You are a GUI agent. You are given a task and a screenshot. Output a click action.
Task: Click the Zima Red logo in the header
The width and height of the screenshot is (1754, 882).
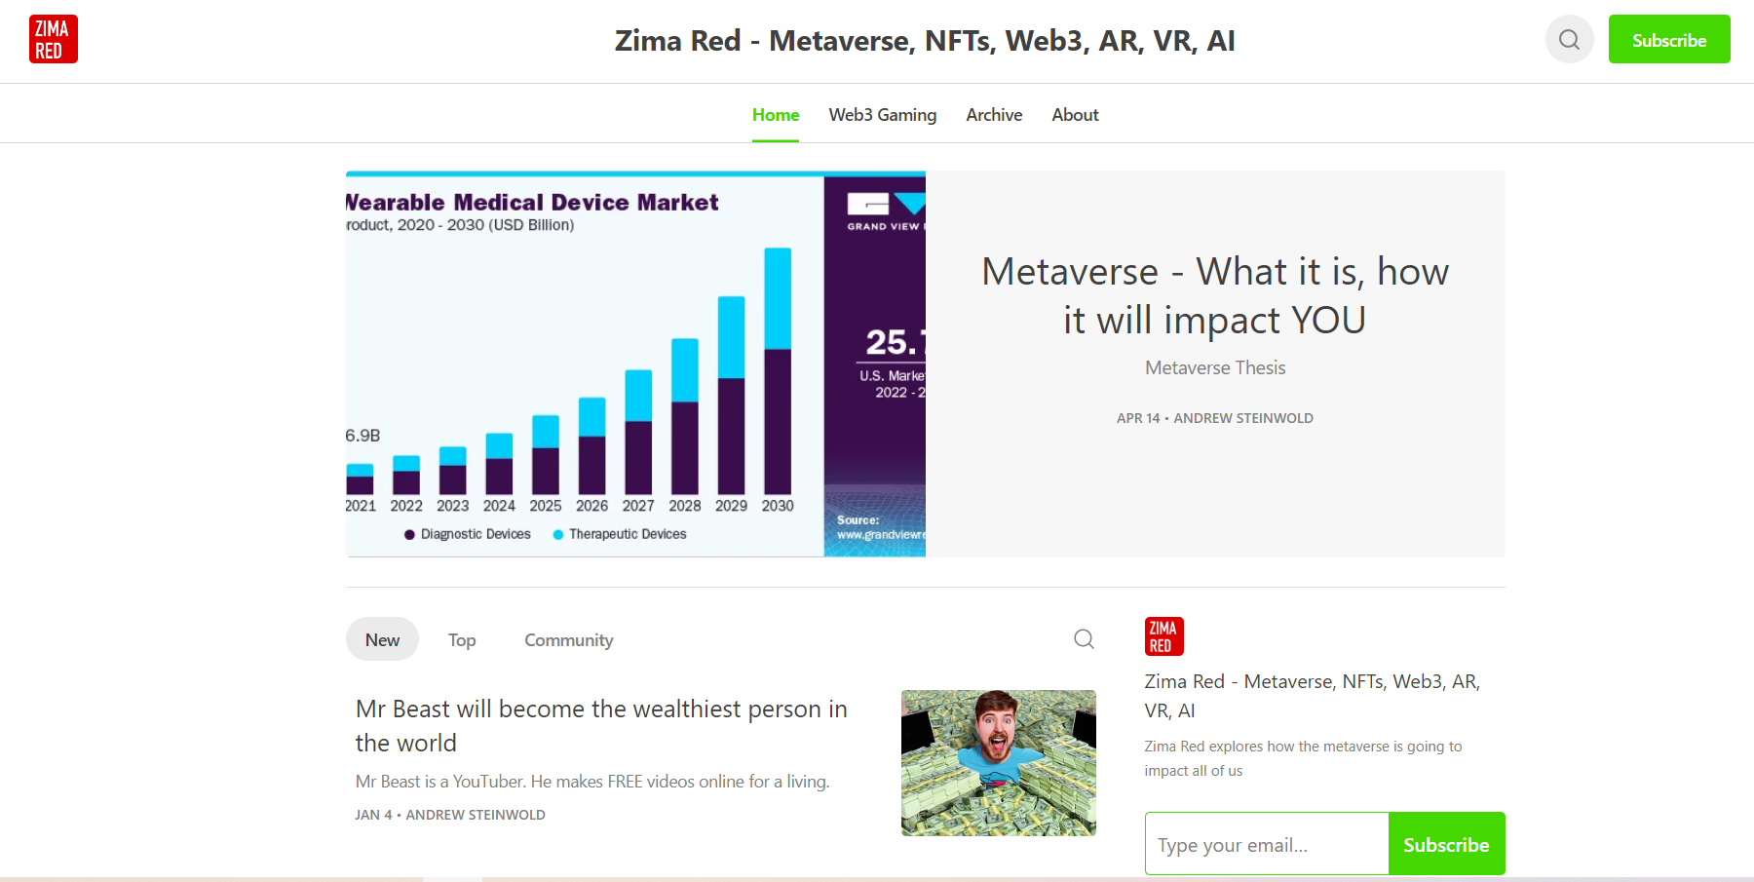(54, 39)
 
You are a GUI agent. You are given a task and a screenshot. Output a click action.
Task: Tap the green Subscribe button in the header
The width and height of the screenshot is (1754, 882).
(1669, 39)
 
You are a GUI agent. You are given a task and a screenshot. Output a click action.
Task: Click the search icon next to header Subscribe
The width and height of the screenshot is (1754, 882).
(1569, 39)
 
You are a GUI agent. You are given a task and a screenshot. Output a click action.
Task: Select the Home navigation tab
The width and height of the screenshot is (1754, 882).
(776, 115)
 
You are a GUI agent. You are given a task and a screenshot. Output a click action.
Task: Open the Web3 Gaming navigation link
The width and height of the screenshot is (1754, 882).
(883, 115)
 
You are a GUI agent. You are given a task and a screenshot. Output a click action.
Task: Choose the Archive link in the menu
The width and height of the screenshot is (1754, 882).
(994, 115)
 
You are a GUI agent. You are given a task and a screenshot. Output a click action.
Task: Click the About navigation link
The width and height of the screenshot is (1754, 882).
(1075, 115)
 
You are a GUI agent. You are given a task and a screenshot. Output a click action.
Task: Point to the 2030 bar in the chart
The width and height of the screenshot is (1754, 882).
(778, 371)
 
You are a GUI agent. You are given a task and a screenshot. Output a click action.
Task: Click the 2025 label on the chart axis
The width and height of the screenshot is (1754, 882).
(546, 506)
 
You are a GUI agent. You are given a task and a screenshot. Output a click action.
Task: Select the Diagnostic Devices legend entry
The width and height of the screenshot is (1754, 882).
(468, 534)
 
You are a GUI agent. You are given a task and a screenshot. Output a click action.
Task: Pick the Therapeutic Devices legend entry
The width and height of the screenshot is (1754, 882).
(620, 534)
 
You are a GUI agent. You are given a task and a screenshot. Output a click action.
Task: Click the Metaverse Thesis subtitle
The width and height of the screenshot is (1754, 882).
(1215, 367)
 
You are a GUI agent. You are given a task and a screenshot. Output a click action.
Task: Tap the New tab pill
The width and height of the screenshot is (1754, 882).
(382, 639)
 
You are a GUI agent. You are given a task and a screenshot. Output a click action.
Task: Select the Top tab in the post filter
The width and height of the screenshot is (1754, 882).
(462, 639)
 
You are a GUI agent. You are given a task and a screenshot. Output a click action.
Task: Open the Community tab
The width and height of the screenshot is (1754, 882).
(569, 639)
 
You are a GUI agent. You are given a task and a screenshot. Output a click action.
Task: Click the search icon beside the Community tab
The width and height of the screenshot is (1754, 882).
(1084, 639)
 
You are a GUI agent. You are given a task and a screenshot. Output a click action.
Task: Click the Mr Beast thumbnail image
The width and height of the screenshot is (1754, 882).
(999, 763)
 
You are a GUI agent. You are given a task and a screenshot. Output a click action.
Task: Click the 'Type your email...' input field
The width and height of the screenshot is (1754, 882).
(1267, 844)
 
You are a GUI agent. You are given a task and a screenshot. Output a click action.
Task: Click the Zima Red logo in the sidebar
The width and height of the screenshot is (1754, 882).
(1164, 636)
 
